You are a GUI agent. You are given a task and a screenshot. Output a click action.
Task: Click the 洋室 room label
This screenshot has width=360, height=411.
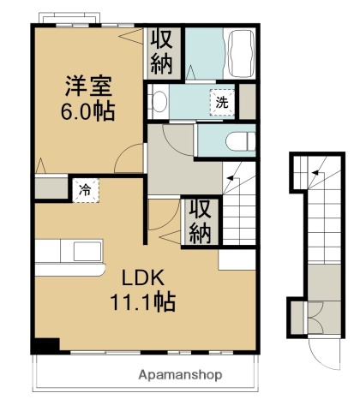point(89,86)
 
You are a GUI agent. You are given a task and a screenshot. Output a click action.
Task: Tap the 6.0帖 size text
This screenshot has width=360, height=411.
point(89,111)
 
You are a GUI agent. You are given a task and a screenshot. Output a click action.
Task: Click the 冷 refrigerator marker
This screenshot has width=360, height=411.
point(86,190)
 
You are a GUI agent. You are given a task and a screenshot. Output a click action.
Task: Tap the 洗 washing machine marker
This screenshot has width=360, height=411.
point(221,102)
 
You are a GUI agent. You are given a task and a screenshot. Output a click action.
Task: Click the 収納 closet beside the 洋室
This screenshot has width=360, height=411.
point(163,52)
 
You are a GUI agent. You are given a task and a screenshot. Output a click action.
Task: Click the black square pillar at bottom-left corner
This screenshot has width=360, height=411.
point(45,346)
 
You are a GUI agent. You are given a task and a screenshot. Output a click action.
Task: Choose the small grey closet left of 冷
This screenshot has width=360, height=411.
point(51,188)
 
